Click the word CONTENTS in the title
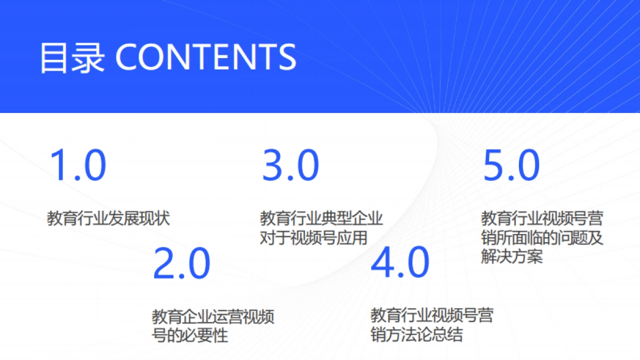coord(205,57)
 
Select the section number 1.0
coord(78,165)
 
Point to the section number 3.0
coord(291,165)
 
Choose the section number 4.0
coord(400,263)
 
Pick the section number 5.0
coord(511,165)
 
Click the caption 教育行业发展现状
coord(109,218)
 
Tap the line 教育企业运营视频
coord(213,317)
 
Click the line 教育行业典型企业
coord(322,218)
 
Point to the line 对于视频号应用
coord(314,237)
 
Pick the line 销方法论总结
coord(417,335)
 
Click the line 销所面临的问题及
coord(542,237)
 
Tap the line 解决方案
coord(512,257)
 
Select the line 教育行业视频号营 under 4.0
coord(432,316)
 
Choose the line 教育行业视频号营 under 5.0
coord(542,218)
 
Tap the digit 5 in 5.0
coord(495,165)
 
